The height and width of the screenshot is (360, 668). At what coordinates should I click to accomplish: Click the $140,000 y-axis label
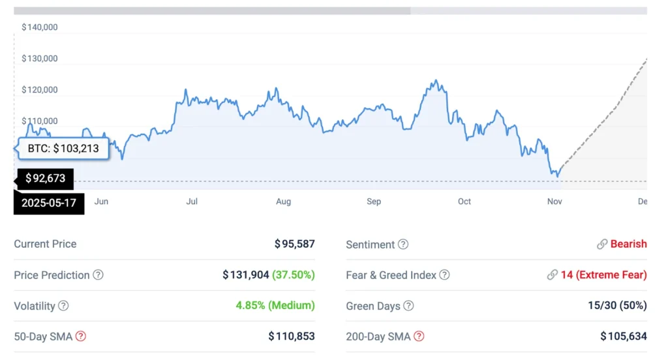coord(40,27)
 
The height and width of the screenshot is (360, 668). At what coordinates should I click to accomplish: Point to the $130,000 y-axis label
coord(40,59)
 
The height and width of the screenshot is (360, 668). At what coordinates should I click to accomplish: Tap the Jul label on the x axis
coord(192,202)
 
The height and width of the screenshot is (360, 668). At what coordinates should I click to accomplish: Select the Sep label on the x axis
coord(374,202)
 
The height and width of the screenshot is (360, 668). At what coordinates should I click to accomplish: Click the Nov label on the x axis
coord(554,202)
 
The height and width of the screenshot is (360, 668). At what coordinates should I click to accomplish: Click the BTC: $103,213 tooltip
coord(63,149)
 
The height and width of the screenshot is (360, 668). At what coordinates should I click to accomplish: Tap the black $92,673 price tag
coord(45,178)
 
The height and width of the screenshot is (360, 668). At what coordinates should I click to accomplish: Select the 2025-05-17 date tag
coord(49,203)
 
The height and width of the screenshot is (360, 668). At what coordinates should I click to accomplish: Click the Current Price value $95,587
coord(294,244)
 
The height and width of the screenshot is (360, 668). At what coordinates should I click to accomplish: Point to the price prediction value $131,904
coord(246,275)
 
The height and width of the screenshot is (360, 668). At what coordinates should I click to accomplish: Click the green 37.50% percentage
coord(294,275)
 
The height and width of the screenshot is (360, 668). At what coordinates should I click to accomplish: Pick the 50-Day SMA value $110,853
coord(292,337)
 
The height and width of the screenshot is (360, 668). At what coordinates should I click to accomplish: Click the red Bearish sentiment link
coord(628,244)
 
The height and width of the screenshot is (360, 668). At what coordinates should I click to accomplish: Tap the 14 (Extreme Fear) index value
coord(603,275)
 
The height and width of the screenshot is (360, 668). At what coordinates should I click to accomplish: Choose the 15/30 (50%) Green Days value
coord(616,306)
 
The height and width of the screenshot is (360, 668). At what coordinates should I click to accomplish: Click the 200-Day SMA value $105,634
coord(624,337)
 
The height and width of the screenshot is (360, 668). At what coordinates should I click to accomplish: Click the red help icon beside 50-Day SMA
coord(81,337)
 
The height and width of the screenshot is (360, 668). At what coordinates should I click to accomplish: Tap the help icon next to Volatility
coord(63,306)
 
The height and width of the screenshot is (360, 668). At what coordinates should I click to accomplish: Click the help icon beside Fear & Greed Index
coord(444,275)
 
